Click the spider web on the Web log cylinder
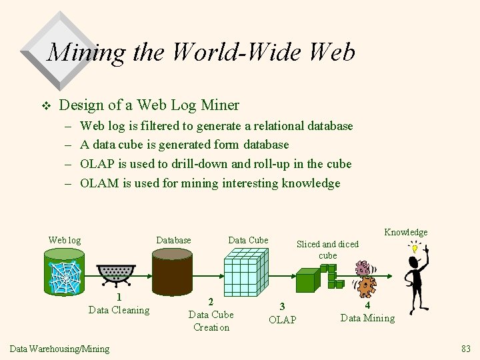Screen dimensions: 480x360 (65, 277)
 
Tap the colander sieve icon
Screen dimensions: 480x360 (116, 273)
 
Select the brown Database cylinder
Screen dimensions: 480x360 (172, 271)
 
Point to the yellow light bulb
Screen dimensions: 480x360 (415, 249)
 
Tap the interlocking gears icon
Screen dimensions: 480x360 (364, 279)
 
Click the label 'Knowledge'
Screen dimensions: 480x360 (405, 232)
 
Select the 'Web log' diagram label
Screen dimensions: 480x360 (65, 240)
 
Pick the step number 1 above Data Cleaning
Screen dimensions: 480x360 (119, 297)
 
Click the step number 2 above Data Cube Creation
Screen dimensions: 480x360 (211, 302)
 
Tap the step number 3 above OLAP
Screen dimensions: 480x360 (282, 306)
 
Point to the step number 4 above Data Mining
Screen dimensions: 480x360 (367, 305)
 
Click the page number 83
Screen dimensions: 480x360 (465, 349)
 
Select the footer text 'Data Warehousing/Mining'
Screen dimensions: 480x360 (59, 349)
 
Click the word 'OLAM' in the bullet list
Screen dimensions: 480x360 (99, 183)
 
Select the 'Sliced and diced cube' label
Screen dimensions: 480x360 (327, 249)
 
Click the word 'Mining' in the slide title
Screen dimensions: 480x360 (87, 52)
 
